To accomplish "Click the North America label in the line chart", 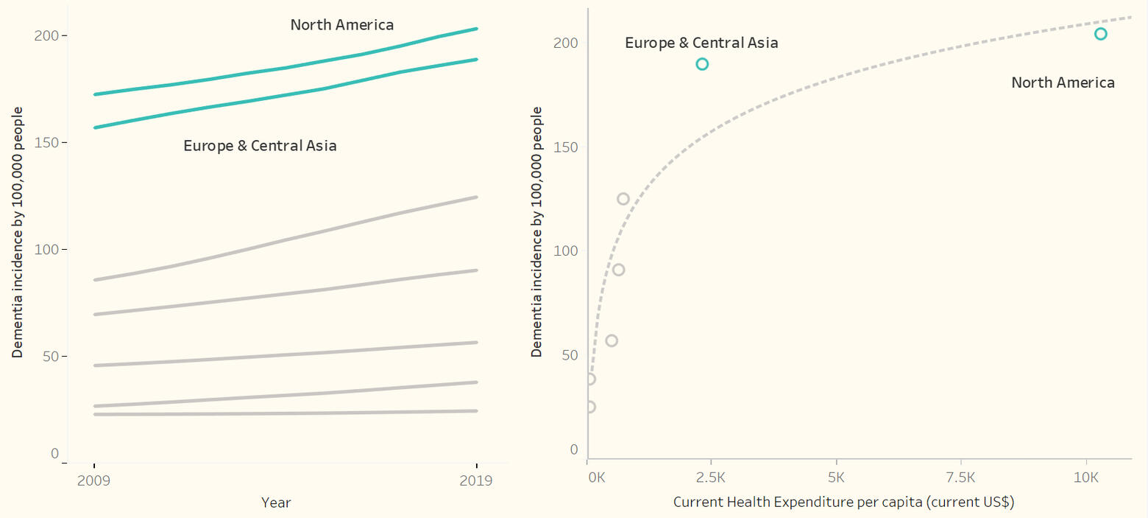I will pyautogui.click(x=341, y=25).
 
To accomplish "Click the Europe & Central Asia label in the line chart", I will pyautogui.click(x=260, y=146).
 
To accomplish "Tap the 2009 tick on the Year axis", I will pyautogui.click(x=94, y=480).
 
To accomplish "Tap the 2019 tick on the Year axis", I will pyautogui.click(x=477, y=480).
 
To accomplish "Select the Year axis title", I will pyautogui.click(x=276, y=503).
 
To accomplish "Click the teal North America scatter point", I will pyautogui.click(x=1100, y=34).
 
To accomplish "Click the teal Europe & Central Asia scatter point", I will pyautogui.click(x=702, y=64).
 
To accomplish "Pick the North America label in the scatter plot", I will pyautogui.click(x=1063, y=83).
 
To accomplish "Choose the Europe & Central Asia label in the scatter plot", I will pyautogui.click(x=701, y=43).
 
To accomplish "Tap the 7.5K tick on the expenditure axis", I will pyautogui.click(x=961, y=477).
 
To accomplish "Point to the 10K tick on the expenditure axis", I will pyautogui.click(x=1086, y=477).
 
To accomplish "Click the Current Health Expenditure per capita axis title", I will pyautogui.click(x=844, y=503).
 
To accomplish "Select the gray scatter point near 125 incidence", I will pyautogui.click(x=623, y=199).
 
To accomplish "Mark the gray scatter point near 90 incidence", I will pyautogui.click(x=618, y=270).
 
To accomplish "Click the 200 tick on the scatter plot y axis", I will pyautogui.click(x=565, y=43).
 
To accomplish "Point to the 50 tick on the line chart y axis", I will pyautogui.click(x=51, y=356).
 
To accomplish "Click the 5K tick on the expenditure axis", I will pyautogui.click(x=837, y=477).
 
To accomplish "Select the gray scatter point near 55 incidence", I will pyautogui.click(x=612, y=340).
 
